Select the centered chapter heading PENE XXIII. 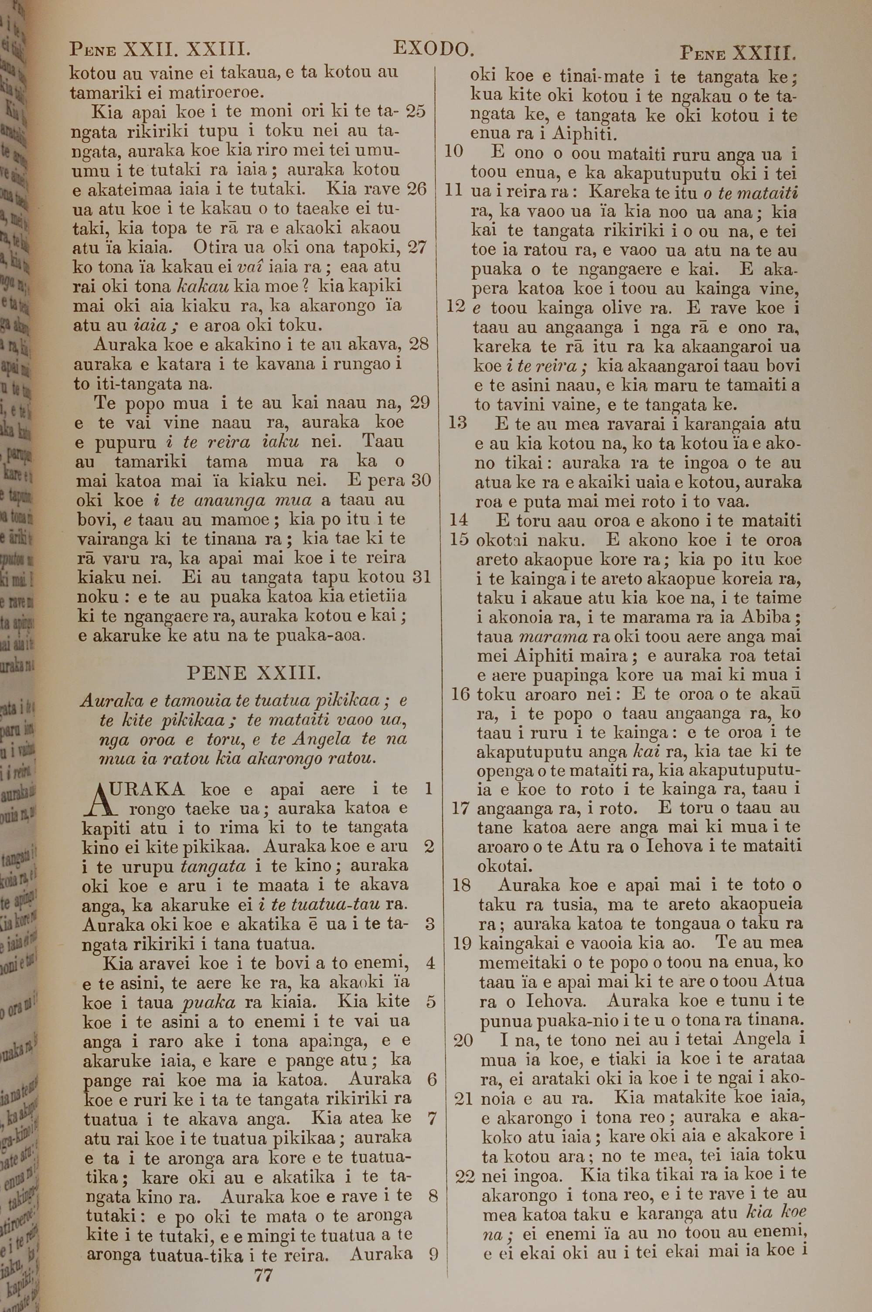(x=254, y=673)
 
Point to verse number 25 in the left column (x=416, y=111)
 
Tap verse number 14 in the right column (x=459, y=520)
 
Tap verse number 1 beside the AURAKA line (x=428, y=789)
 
